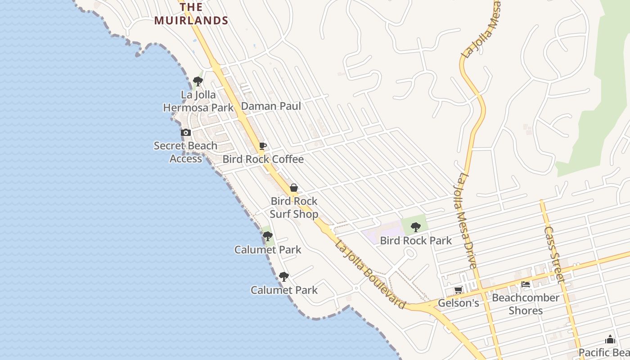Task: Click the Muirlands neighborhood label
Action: click(x=191, y=14)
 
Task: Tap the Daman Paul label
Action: click(x=271, y=106)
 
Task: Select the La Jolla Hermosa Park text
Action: click(x=198, y=101)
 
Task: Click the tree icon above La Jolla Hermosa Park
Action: click(x=198, y=81)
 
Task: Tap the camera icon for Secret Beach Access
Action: click(x=185, y=133)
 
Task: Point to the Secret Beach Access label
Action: click(x=185, y=152)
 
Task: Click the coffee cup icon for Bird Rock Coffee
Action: click(x=263, y=146)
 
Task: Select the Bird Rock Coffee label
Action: click(x=263, y=159)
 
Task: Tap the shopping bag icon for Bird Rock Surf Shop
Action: click(x=293, y=188)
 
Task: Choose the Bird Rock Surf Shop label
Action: click(x=294, y=207)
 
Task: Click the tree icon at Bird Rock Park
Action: click(x=416, y=227)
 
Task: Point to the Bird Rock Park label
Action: click(x=416, y=241)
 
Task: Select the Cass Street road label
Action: click(x=554, y=254)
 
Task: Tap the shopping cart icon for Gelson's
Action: click(x=458, y=290)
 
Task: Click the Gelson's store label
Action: click(x=458, y=303)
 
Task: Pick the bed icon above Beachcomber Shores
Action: click(x=525, y=284)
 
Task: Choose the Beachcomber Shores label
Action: click(x=525, y=304)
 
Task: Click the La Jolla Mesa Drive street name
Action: click(x=466, y=220)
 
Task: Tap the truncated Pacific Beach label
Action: click(x=604, y=352)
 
